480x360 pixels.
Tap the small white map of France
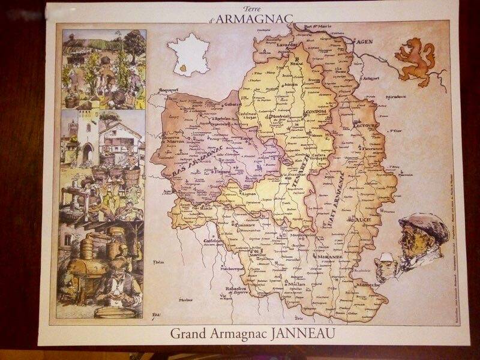point(185,55)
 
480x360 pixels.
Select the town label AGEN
point(364,43)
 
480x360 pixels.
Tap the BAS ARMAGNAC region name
point(192,159)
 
